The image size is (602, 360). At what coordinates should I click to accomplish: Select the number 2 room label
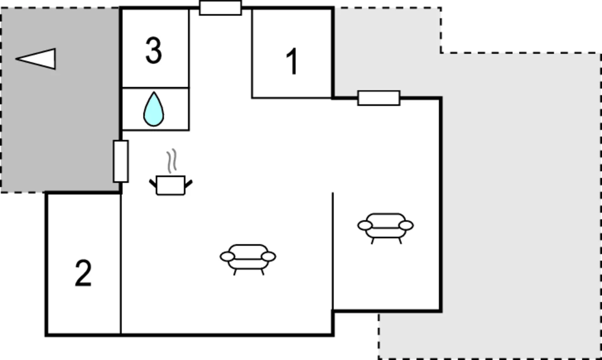pyautogui.click(x=83, y=273)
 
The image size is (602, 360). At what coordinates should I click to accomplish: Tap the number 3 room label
pyautogui.click(x=154, y=50)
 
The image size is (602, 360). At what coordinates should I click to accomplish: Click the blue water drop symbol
pyautogui.click(x=154, y=109)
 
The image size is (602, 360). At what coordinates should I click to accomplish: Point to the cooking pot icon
pyautogui.click(x=171, y=185)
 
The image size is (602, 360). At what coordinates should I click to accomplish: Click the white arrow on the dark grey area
pyautogui.click(x=36, y=59)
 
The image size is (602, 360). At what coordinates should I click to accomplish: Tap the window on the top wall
pyautogui.click(x=220, y=8)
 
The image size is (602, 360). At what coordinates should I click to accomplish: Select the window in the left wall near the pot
pyautogui.click(x=121, y=161)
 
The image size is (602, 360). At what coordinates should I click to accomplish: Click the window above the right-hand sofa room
pyautogui.click(x=379, y=98)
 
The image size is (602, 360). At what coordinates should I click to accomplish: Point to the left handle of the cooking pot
pyautogui.click(x=153, y=183)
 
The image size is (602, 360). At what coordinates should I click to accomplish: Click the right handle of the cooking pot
pyautogui.click(x=188, y=184)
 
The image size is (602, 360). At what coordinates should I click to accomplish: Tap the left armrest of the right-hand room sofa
pyautogui.click(x=365, y=225)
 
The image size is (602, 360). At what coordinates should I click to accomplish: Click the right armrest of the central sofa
pyautogui.click(x=268, y=257)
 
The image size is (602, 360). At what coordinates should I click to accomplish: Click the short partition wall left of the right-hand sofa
pyautogui.click(x=333, y=251)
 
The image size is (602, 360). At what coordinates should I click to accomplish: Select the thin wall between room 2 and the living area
pyautogui.click(x=121, y=264)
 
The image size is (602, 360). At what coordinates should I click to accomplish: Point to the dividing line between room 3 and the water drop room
pyautogui.click(x=155, y=88)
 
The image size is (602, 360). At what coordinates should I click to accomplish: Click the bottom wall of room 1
pyautogui.click(x=292, y=98)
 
